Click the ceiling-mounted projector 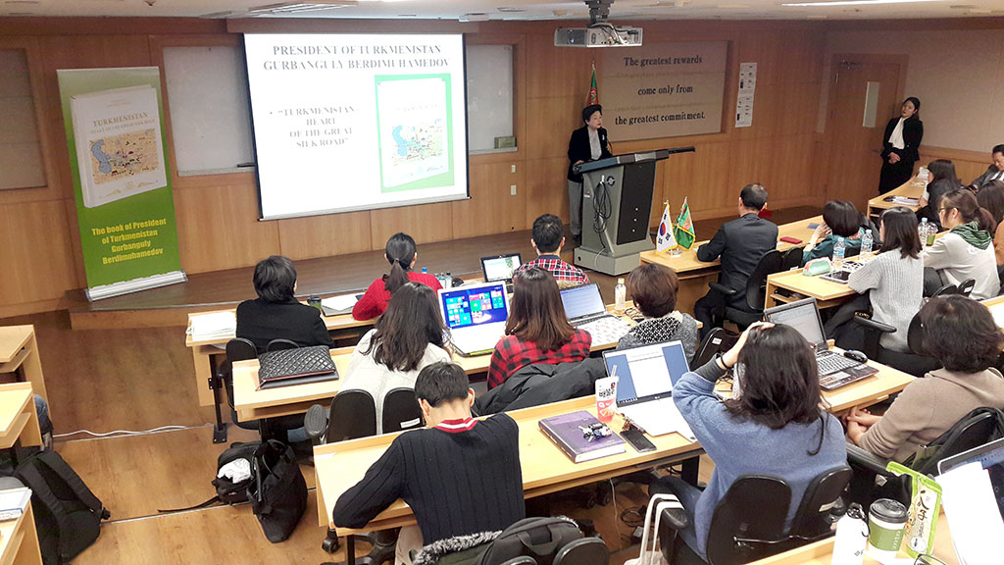pos(597,35)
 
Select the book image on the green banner pos(118,145)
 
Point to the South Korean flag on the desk pos(665,227)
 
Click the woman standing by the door pos(900,143)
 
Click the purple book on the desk pos(580,435)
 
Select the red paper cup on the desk pos(607,398)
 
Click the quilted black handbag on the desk pos(296,365)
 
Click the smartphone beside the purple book pos(637,439)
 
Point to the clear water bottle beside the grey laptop pos(620,292)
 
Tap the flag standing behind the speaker pos(592,89)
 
